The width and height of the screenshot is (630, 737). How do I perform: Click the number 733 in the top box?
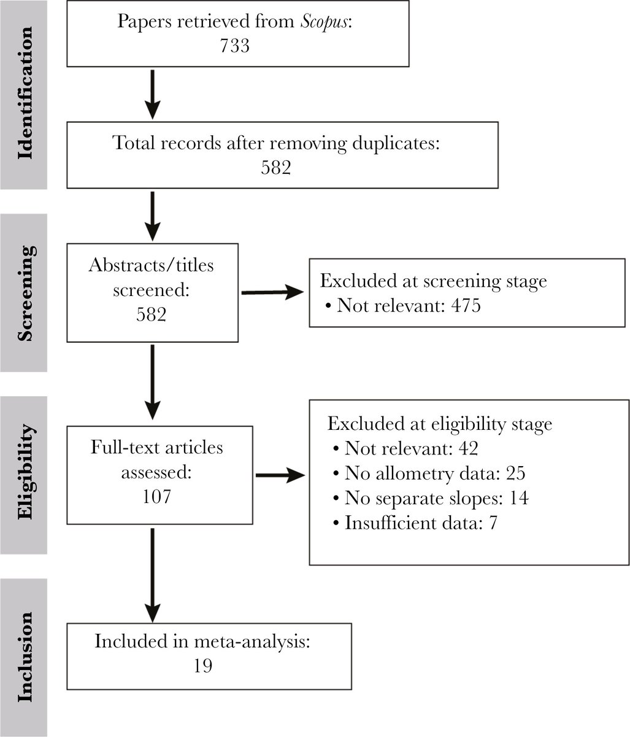coord(235,46)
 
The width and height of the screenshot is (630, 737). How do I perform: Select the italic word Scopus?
coord(323,22)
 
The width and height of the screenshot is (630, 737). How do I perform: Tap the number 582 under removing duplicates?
coord(276,168)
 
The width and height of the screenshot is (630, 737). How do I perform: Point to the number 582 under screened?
coord(152,314)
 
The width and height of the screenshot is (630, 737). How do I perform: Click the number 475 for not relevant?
coord(466,306)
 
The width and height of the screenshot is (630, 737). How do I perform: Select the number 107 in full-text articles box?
coord(156,496)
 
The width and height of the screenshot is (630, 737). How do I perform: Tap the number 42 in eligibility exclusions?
coord(468,448)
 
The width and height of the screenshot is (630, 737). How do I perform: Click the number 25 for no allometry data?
coord(515,473)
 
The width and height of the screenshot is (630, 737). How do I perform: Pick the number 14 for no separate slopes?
coord(519,497)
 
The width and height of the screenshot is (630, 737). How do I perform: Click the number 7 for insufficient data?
coord(493,523)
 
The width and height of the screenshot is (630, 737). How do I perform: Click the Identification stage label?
coord(26,93)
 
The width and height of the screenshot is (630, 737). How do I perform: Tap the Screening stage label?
coord(26,294)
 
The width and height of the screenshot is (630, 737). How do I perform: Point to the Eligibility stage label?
coord(26,472)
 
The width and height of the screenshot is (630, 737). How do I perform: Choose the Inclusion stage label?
coord(26,657)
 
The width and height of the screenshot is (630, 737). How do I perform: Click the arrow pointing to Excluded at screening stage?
coord(272,292)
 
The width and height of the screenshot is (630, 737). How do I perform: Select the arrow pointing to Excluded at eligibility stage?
coord(280,475)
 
